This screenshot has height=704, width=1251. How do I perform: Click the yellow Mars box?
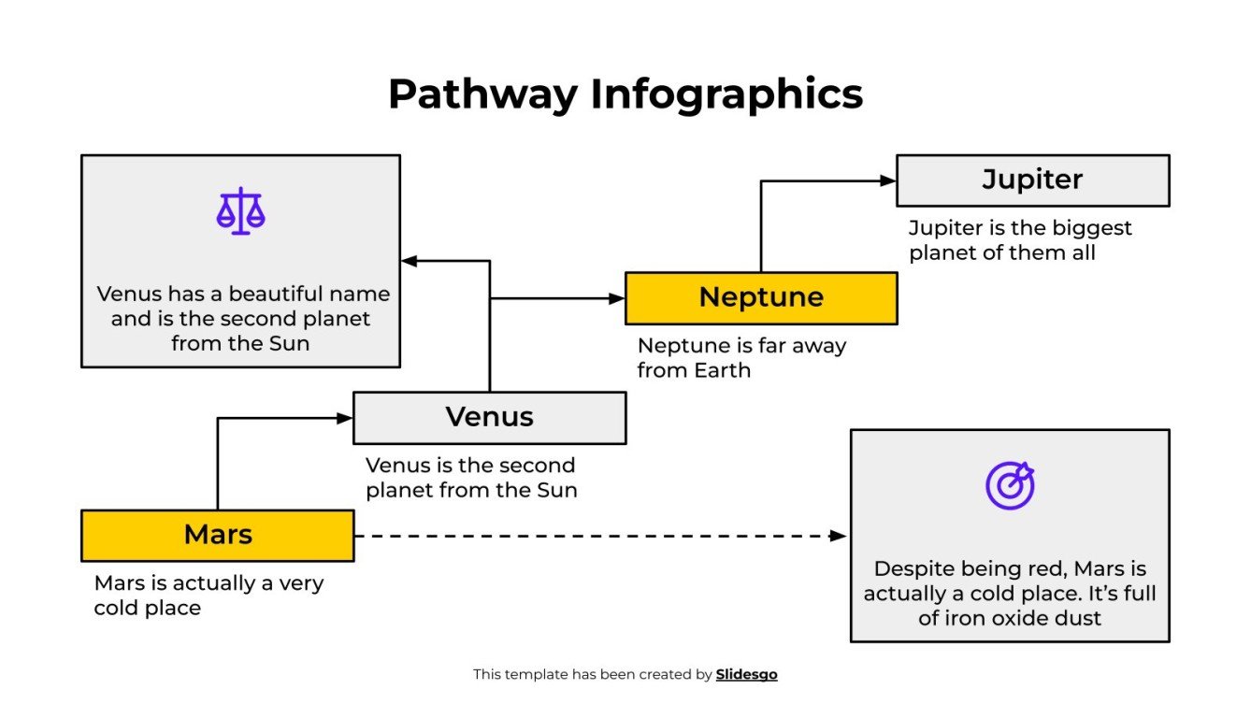point(217,535)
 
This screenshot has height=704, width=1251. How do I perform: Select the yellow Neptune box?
point(760,298)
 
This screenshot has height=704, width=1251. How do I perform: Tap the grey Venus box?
point(489,417)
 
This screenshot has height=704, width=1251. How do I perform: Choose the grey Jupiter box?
point(1032,180)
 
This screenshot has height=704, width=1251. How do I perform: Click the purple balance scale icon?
point(240,211)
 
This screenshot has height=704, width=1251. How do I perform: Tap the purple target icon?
point(1010,485)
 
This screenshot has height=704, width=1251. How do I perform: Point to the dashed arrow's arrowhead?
point(838,536)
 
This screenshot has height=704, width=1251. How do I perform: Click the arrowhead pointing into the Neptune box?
point(616,299)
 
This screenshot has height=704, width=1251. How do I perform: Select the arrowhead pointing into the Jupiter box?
point(888,181)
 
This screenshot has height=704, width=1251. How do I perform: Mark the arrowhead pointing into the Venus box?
point(345,418)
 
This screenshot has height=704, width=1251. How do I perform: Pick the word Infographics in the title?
point(726,94)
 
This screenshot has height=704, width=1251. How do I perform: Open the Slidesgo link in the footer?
point(746,674)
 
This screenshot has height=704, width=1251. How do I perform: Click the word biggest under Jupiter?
point(1087,228)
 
